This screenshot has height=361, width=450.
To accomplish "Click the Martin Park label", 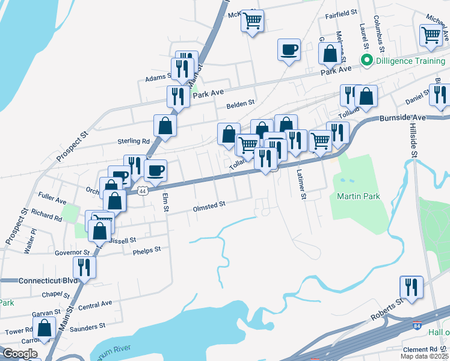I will point(358,197).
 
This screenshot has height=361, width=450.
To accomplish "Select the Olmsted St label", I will point(209,205).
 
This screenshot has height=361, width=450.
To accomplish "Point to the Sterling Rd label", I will point(133,141).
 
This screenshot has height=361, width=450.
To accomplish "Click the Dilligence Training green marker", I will point(365,60).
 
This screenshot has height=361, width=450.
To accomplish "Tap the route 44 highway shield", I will point(143,191).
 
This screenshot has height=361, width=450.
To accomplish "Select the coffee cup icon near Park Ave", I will point(289,49).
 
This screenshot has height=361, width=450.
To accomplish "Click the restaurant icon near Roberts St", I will point(411,286).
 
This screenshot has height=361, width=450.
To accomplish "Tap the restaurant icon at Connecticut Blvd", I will point(84,267).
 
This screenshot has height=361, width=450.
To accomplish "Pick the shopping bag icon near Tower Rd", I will point(44,329).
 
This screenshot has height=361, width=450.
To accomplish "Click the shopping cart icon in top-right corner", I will point(431,35).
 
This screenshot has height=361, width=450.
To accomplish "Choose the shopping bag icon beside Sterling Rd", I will point(165,125).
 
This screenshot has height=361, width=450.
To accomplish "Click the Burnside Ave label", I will point(402,119).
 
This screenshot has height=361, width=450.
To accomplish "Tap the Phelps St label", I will point(147,250).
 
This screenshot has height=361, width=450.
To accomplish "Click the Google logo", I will point(20,354).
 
